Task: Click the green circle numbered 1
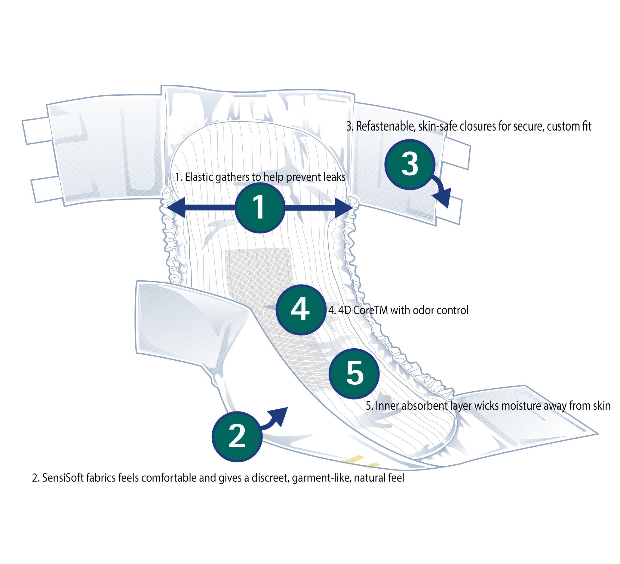[260, 208]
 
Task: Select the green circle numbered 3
[410, 164]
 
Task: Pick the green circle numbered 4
[300, 310]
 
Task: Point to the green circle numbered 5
[354, 374]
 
